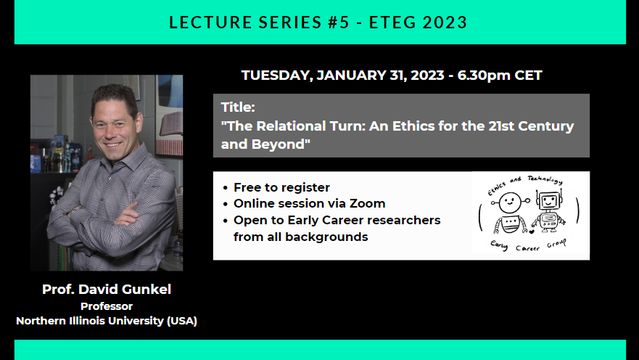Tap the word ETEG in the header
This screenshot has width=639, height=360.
(x=391, y=22)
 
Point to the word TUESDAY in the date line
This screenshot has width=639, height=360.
(x=276, y=75)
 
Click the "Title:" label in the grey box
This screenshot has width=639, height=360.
(x=238, y=107)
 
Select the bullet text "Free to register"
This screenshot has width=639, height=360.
(x=281, y=187)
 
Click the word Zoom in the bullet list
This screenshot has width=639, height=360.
(x=369, y=203)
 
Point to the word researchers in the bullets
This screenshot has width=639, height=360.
(x=403, y=220)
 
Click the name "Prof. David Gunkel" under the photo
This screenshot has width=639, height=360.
(x=107, y=290)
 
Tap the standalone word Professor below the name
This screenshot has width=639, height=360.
(x=107, y=306)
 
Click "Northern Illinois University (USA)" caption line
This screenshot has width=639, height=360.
(x=107, y=321)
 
